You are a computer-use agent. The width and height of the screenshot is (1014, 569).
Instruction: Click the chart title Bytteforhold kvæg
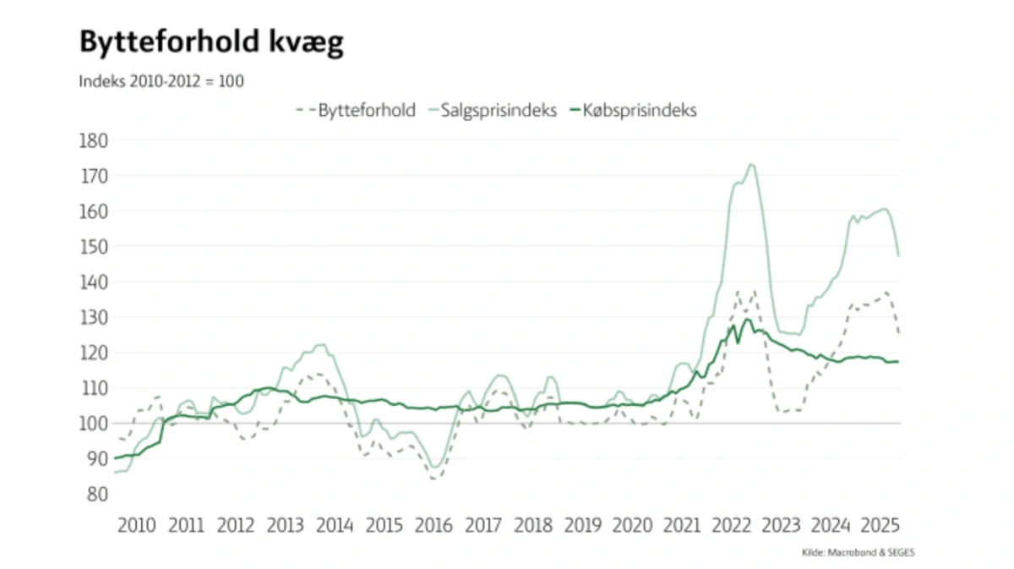(x=211, y=43)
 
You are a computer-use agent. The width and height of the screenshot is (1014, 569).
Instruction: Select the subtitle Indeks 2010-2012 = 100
(x=161, y=82)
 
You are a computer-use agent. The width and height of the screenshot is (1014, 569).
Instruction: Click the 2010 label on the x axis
(x=137, y=525)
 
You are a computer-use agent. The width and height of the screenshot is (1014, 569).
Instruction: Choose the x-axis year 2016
(x=434, y=525)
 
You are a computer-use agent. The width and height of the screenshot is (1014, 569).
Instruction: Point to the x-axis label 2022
(x=731, y=525)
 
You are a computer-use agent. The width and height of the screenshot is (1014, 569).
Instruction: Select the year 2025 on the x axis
(x=879, y=525)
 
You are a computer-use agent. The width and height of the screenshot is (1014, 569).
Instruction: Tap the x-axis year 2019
(x=582, y=525)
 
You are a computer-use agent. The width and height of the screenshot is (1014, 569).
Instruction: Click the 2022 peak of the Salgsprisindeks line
(x=751, y=164)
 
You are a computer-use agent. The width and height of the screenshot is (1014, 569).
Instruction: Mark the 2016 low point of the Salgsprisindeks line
(x=436, y=467)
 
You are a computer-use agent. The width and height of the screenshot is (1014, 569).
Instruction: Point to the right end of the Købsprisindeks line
(x=898, y=362)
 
